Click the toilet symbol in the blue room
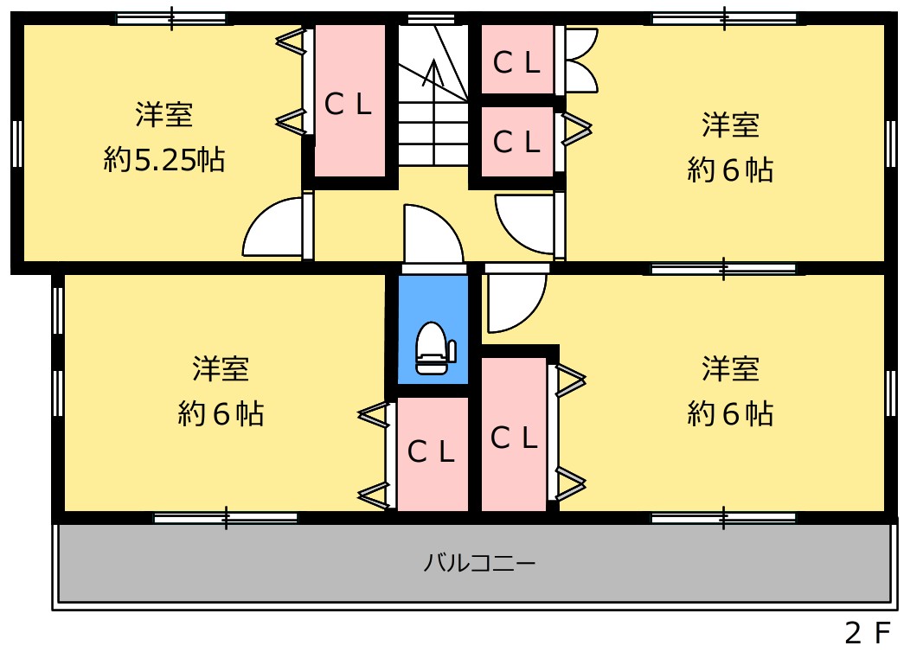click(x=435, y=348)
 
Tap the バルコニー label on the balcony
click(x=480, y=563)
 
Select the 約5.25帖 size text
click(x=164, y=159)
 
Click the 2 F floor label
click(x=867, y=633)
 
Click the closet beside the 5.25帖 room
click(x=349, y=100)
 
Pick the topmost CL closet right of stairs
click(x=517, y=59)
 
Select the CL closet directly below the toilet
click(x=433, y=454)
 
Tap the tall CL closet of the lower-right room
click(x=514, y=435)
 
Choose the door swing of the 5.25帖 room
click(x=272, y=227)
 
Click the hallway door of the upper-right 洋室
click(x=525, y=224)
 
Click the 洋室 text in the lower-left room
click(x=221, y=369)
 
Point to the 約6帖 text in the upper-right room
click(x=730, y=170)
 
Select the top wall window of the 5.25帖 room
click(x=171, y=19)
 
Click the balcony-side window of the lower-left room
click(x=226, y=519)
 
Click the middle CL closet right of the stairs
click(x=517, y=141)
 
